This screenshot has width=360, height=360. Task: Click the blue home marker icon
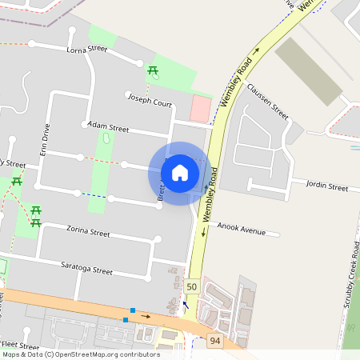[180, 173]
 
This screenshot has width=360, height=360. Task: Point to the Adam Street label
[108, 126]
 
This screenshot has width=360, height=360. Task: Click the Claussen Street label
[267, 100]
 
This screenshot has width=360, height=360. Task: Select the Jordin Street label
[327, 186]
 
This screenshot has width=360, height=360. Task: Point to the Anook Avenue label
[240, 230]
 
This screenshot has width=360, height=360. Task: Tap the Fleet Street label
[22, 345]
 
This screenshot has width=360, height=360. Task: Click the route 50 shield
[191, 286]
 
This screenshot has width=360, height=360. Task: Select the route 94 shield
[214, 342]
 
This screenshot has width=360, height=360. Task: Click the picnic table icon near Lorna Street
[152, 72]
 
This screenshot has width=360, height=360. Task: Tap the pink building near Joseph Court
[201, 108]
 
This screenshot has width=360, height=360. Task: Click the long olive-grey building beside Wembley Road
[308, 70]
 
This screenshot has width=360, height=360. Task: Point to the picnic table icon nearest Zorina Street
[35, 214]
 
